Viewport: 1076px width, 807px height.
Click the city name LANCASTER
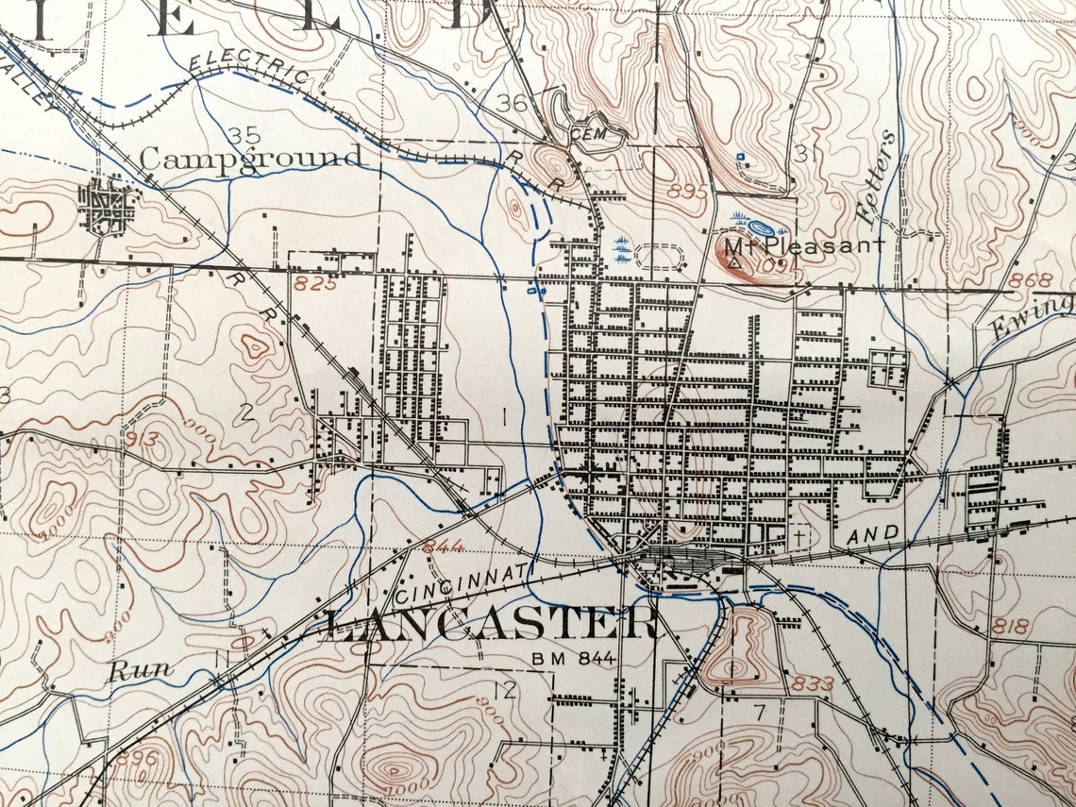[x=491, y=624]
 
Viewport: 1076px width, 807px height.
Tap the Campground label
[x=252, y=158]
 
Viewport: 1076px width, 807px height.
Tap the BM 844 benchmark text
[x=574, y=658]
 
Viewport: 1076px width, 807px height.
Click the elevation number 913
[x=143, y=438]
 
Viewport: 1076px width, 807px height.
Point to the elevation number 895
[x=685, y=190]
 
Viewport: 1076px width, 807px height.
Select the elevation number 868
[x=1029, y=280]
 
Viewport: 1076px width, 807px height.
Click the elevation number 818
[x=1011, y=625]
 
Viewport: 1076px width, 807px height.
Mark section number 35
[x=244, y=134]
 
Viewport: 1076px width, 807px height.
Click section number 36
[x=514, y=103]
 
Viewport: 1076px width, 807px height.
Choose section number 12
[x=506, y=690]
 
